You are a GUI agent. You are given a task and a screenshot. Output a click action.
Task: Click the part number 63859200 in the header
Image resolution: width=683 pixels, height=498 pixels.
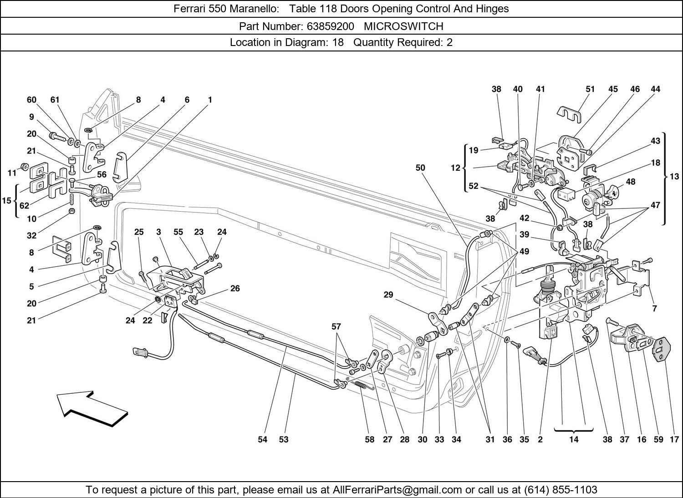330,26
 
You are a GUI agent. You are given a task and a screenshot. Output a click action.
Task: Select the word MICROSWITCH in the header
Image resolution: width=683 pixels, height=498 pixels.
403,26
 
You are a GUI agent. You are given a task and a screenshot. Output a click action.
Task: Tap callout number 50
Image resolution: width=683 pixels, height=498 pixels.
420,168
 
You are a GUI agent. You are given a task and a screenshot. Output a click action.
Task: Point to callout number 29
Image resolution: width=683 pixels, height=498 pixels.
388,295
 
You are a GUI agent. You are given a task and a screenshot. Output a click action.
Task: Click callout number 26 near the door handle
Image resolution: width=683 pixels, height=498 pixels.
235,288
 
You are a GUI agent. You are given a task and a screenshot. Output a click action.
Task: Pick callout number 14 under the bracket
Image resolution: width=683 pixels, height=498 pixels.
574,439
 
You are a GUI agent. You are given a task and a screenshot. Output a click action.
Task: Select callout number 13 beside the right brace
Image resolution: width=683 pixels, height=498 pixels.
674,176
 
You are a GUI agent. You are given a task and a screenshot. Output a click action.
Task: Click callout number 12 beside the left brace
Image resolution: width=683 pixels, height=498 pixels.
456,168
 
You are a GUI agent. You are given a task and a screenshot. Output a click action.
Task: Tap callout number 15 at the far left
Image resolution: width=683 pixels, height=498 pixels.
6,200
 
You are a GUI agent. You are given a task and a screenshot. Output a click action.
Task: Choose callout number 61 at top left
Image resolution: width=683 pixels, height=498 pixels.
55,100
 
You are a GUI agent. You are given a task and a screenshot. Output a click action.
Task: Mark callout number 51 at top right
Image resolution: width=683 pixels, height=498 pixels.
590,89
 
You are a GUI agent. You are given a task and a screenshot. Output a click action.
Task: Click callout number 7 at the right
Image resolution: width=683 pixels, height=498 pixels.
654,308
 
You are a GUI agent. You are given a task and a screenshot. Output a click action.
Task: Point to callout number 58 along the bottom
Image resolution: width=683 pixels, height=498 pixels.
369,439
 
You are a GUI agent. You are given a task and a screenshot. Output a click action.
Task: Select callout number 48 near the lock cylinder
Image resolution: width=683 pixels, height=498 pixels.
630,182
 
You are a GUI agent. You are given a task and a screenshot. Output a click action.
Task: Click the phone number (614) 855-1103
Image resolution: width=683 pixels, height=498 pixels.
561,490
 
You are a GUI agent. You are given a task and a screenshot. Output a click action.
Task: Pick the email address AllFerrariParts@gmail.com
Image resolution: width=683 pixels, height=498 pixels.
398,490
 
